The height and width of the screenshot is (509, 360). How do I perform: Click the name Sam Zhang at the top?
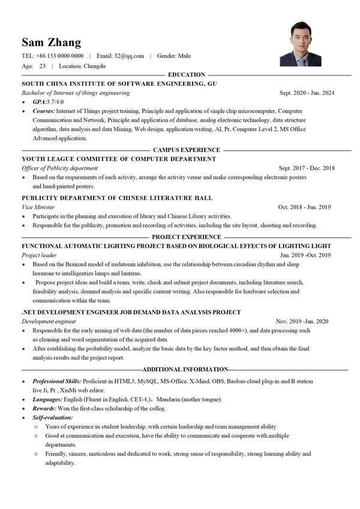51,42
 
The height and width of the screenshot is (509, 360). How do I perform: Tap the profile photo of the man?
300,44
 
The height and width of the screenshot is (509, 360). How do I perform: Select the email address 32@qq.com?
129,56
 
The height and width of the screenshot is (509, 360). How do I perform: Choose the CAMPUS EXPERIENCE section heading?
187,149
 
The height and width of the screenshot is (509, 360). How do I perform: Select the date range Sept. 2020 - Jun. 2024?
307,93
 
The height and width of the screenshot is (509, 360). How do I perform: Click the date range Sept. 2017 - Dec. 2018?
306,168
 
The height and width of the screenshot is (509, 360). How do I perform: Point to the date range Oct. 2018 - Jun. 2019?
305,207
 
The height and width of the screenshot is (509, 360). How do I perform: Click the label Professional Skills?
57,381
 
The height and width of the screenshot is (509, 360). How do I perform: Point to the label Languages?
47,399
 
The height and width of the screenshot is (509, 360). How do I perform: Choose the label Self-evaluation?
53,417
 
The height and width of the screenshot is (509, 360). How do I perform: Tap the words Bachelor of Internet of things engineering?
76,93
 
